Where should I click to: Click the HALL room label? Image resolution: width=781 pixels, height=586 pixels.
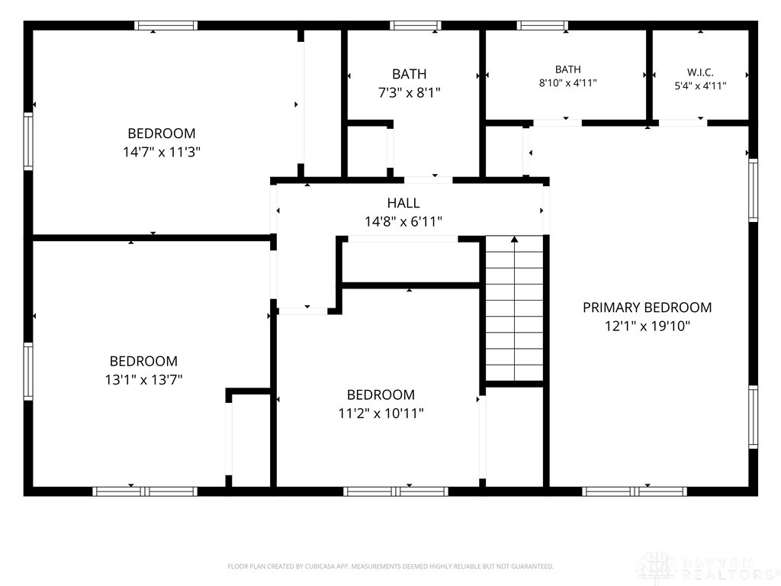pyautogui.click(x=403, y=203)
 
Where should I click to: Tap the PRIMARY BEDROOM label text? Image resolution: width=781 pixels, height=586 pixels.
pyautogui.click(x=647, y=307)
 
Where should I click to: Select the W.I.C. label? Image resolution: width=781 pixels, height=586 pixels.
pyautogui.click(x=700, y=72)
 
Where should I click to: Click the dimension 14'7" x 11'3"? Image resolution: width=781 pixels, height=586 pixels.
pyautogui.click(x=162, y=152)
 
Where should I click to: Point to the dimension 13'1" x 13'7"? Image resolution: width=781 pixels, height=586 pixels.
pyautogui.click(x=143, y=380)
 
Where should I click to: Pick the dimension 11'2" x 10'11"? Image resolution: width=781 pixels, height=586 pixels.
pyautogui.click(x=381, y=413)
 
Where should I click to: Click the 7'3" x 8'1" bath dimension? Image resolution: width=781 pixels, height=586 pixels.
pyautogui.click(x=410, y=92)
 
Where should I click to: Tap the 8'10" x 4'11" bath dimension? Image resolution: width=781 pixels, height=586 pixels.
pyautogui.click(x=567, y=82)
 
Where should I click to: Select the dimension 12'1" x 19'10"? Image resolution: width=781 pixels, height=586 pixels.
pyautogui.click(x=647, y=327)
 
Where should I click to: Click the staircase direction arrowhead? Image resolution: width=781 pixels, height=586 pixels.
pyautogui.click(x=515, y=240)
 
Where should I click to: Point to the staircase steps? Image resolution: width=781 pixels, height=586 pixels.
pyautogui.click(x=515, y=309)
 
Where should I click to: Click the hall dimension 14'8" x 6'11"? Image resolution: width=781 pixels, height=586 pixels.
pyautogui.click(x=403, y=222)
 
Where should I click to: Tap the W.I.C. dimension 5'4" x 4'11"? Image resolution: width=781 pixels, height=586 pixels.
pyautogui.click(x=700, y=85)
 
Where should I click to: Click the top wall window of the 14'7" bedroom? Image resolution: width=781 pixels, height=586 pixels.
pyautogui.click(x=166, y=25)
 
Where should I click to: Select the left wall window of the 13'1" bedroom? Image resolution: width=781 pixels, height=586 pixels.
pyautogui.click(x=28, y=372)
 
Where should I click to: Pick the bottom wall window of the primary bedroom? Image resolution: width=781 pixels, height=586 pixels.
pyautogui.click(x=635, y=492)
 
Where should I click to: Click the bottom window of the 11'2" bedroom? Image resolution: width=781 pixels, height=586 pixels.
pyautogui.click(x=396, y=492)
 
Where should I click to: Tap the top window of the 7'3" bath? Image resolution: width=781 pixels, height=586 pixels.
pyautogui.click(x=416, y=25)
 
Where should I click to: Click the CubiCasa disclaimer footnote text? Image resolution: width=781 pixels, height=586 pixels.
pyautogui.click(x=390, y=567)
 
